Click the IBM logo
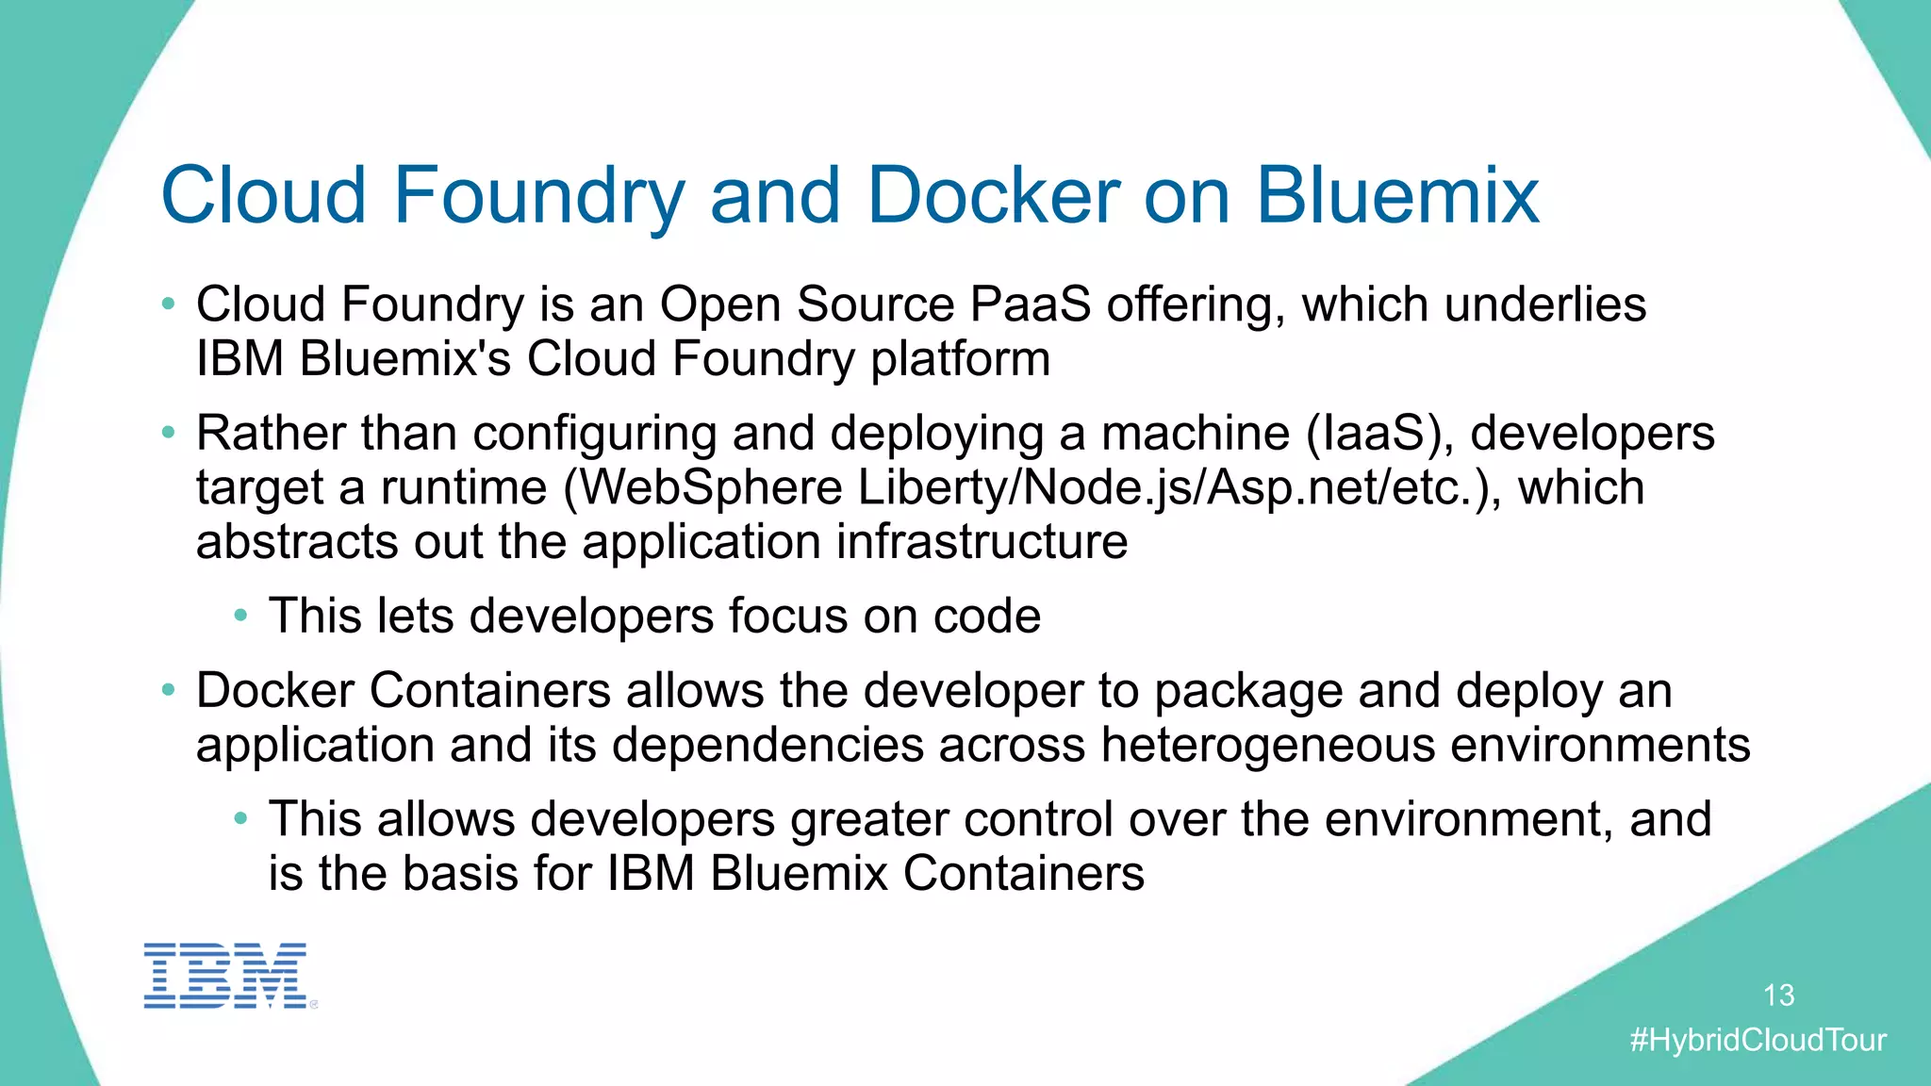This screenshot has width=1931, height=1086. (x=225, y=976)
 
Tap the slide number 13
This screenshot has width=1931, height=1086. (x=1778, y=995)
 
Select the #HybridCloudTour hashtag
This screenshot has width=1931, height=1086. (x=1758, y=1040)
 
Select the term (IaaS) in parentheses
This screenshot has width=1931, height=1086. (x=1380, y=434)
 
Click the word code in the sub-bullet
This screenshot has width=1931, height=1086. (x=987, y=617)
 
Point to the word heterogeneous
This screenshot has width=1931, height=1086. (x=1267, y=745)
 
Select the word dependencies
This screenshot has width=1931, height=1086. (x=767, y=745)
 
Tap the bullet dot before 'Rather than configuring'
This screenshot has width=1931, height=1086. (x=168, y=433)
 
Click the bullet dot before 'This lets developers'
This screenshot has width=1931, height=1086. (x=241, y=616)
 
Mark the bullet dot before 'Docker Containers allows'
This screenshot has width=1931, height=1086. (x=168, y=690)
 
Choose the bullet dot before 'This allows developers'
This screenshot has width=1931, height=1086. (x=241, y=818)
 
